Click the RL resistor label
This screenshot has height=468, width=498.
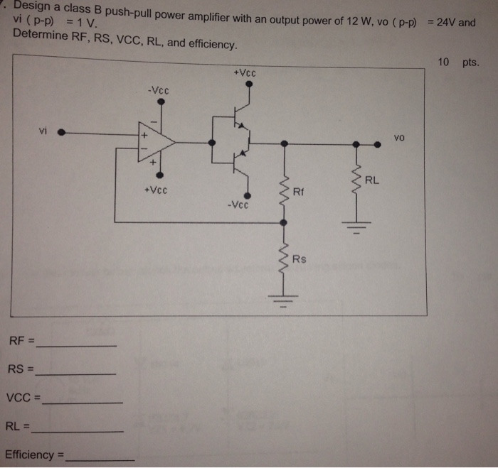(x=372, y=180)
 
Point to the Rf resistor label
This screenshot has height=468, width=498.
(x=298, y=191)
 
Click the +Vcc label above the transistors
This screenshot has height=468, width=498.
(x=244, y=73)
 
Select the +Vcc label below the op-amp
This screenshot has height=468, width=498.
(x=156, y=190)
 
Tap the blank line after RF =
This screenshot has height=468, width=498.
(x=77, y=344)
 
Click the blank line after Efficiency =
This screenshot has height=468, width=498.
(x=100, y=459)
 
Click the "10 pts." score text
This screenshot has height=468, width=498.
(x=459, y=62)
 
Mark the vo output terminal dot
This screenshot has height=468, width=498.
(x=378, y=143)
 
